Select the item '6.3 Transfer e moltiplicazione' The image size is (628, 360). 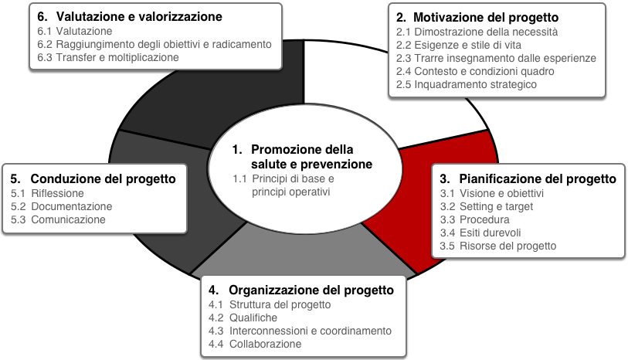click(x=108, y=57)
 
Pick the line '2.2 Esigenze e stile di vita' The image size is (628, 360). click(x=459, y=45)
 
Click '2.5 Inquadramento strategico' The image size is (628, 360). click(x=467, y=84)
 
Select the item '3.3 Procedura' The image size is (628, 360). click(x=474, y=219)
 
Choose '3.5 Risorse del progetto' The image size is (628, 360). click(x=497, y=246)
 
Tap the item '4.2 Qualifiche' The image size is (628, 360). click(x=243, y=318)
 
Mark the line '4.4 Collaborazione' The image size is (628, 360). click(x=255, y=344)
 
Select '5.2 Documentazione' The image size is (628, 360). click(x=61, y=206)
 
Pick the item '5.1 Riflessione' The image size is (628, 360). click(x=47, y=193)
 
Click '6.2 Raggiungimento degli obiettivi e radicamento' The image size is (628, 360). click(x=154, y=44)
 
